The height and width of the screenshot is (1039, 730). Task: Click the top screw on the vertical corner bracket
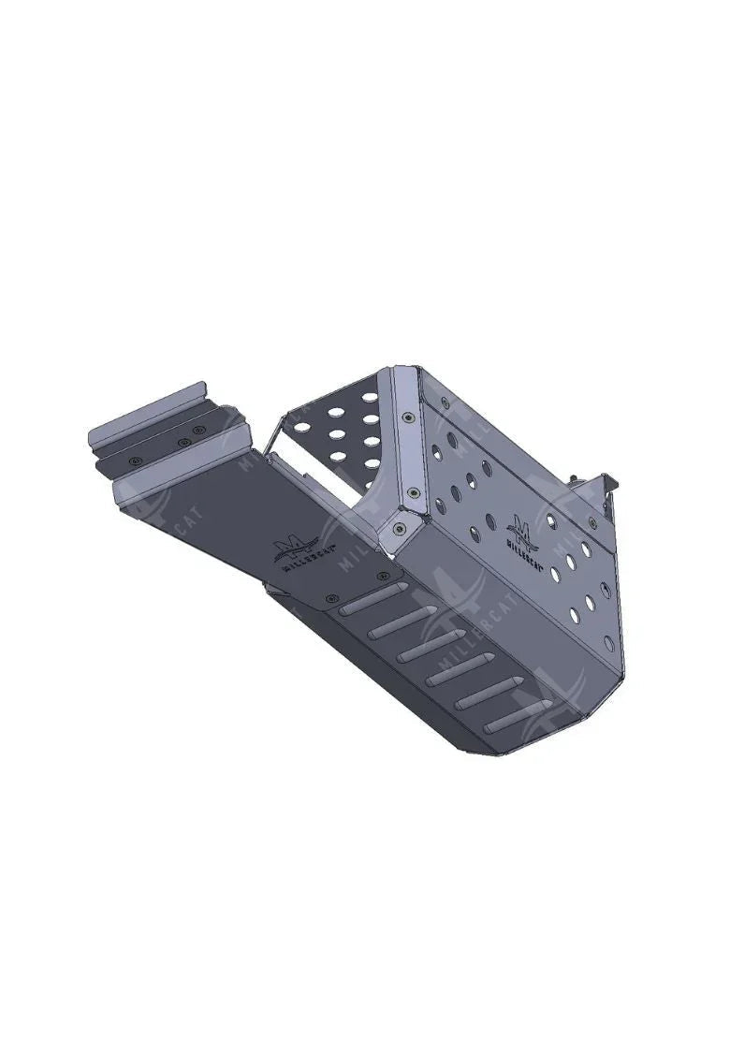tap(408, 419)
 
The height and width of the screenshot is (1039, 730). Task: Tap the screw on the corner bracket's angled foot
tap(400, 530)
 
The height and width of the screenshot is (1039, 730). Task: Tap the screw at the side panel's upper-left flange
tap(445, 402)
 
